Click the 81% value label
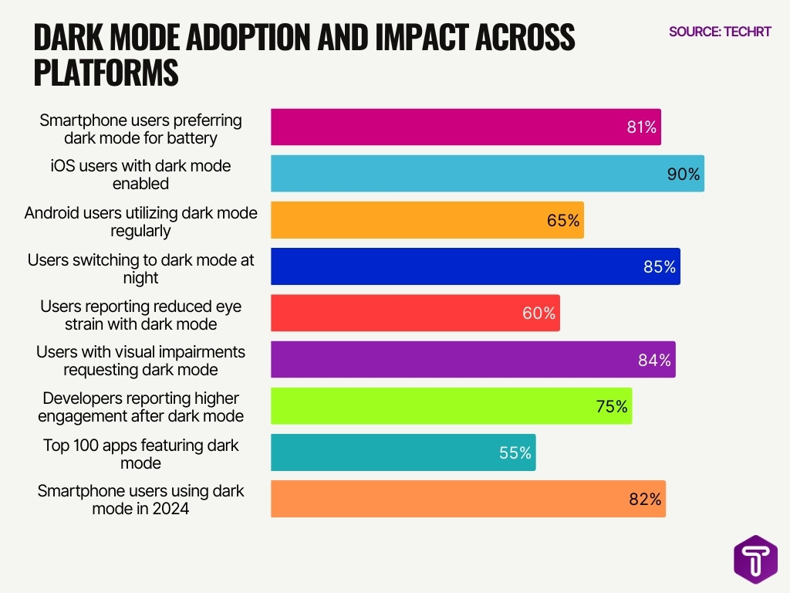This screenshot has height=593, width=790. pos(641,128)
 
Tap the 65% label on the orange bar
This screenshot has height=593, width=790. pos(562,221)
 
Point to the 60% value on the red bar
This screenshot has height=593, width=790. pos(538,313)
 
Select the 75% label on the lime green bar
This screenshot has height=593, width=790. pos(612,406)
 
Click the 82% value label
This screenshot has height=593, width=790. pos(645,499)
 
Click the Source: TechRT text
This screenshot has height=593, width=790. pos(719,32)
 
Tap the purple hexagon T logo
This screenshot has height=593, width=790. pos(755,558)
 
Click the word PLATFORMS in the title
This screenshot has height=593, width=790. pos(106,73)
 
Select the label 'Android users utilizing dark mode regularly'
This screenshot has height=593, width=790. pos(140,222)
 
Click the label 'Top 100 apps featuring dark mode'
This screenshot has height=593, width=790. pos(140,454)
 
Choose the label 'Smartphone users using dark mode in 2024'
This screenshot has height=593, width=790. pos(140,500)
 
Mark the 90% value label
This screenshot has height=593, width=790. pos(684,175)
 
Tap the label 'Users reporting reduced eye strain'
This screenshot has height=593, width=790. pos(140,314)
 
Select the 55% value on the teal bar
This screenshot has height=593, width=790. pos(515,453)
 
